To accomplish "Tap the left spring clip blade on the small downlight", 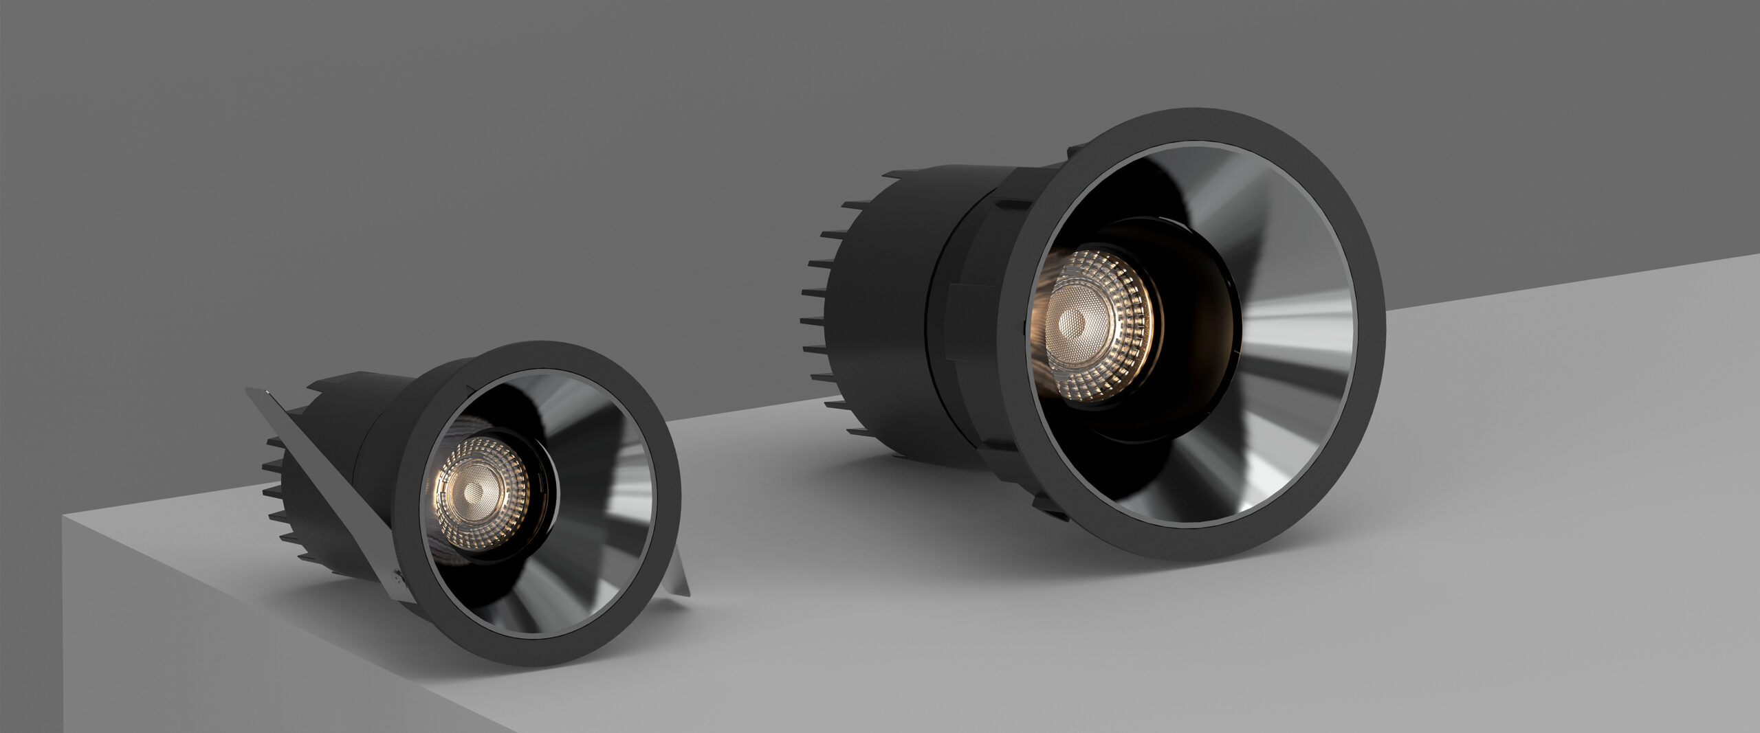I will click(323, 495).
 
